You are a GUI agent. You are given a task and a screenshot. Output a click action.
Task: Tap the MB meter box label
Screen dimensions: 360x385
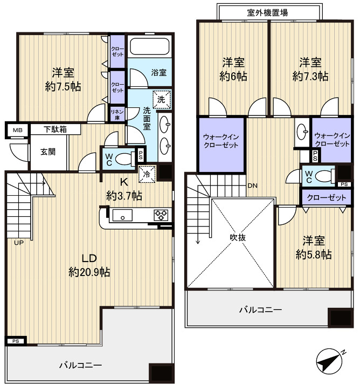tap(17, 130)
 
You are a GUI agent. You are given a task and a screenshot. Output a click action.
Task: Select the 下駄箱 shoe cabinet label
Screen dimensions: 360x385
tap(55, 129)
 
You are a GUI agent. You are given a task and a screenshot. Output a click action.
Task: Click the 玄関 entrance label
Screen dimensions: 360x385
tap(48, 152)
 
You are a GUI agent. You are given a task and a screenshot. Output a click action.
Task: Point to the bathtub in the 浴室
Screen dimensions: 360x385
tap(150, 46)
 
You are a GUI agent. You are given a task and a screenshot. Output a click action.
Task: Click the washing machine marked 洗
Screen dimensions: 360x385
tap(161, 99)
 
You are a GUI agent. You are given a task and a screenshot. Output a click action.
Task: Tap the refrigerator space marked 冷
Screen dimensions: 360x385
tap(147, 174)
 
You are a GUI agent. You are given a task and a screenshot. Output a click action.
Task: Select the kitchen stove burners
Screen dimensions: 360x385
tap(161, 215)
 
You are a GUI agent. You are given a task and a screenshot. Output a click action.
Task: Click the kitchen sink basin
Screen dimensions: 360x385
tap(122, 215)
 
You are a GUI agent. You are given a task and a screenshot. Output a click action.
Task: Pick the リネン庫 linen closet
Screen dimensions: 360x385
tap(117, 114)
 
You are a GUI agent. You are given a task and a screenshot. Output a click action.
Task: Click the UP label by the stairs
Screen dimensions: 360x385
tap(19, 243)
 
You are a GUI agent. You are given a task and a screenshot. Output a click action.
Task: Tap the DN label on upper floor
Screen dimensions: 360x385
tap(253, 185)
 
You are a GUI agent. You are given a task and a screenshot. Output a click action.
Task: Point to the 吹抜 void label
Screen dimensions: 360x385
tap(238, 237)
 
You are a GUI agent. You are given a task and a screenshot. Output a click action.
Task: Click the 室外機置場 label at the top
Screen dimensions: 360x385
tap(267, 12)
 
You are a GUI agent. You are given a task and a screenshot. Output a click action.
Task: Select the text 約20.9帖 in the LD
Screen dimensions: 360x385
tap(89, 272)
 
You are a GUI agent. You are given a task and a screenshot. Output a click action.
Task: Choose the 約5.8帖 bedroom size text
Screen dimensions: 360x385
tap(314, 255)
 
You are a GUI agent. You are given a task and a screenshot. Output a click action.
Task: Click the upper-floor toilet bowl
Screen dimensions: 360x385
tap(323, 176)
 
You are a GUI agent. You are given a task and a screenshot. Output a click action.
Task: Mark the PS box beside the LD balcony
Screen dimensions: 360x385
tap(16, 341)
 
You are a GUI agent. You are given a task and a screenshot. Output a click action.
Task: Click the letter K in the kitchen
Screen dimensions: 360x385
tap(123, 182)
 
